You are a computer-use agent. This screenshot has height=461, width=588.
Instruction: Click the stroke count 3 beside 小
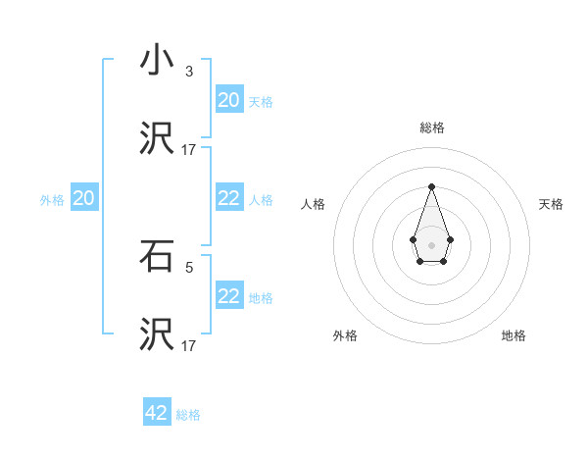click(189, 71)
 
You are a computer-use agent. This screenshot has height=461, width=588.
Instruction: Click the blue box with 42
click(157, 413)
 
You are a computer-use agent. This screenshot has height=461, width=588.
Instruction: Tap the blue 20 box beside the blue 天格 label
click(229, 100)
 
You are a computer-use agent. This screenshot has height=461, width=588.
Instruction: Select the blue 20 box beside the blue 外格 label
click(84, 199)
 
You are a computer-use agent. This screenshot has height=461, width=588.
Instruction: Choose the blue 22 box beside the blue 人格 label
click(229, 199)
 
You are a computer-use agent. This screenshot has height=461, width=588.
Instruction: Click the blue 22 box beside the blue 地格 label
click(229, 296)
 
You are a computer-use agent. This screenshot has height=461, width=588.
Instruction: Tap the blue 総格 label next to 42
click(188, 415)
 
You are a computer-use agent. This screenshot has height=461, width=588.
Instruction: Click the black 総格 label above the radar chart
click(431, 128)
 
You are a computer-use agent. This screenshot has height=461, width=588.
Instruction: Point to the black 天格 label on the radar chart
click(551, 204)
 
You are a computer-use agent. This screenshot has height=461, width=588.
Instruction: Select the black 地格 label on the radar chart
click(514, 335)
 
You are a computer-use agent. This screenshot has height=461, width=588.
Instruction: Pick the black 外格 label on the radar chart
click(345, 335)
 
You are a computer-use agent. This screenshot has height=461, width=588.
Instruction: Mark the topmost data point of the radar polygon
click(431, 186)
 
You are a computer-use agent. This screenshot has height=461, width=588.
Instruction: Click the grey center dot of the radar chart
click(431, 244)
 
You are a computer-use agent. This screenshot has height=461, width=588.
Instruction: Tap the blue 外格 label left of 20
click(52, 200)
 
